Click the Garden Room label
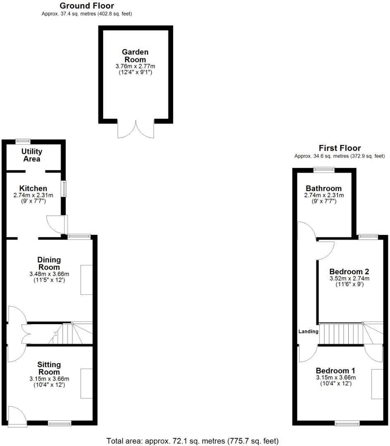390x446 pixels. [135, 56]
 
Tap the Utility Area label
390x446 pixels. [31, 155]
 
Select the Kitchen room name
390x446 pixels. [33, 188]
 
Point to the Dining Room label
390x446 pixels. [49, 263]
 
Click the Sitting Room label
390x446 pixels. [49, 368]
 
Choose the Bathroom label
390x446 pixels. [323, 188]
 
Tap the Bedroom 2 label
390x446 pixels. [349, 272]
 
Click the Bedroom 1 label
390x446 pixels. [335, 370]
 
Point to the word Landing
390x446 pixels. [309, 331]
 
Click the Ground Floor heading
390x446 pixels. [87, 6]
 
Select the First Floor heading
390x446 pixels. [340, 148]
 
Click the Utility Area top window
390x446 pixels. [23, 141]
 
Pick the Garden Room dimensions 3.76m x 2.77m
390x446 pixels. [135, 66]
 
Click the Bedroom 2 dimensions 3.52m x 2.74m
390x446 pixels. [349, 279]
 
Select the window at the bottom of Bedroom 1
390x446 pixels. [346, 423]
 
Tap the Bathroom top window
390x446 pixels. [324, 168]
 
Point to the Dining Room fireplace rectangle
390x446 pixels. [86, 280]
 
